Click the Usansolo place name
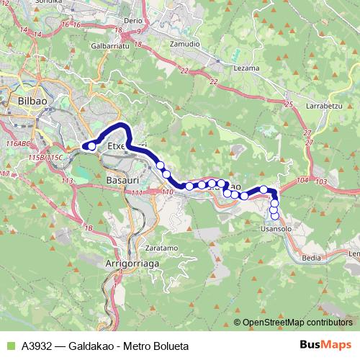276,228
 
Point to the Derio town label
134,21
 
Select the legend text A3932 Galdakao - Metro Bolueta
105,346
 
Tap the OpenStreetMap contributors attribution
297,323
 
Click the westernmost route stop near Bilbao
91,146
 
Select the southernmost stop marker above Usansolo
274,216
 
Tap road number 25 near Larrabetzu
289,105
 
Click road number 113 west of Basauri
68,181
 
